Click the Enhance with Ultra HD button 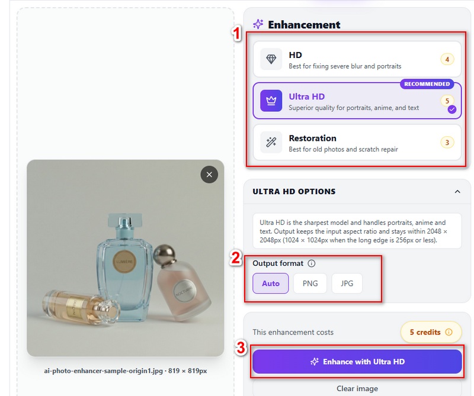point(357,362)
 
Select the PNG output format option point(310,284)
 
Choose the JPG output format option point(347,284)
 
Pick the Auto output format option point(271,284)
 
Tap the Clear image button point(357,388)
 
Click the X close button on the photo point(209,175)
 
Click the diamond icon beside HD point(271,59)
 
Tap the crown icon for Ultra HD point(271,101)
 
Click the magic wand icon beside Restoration point(271,142)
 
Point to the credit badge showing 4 point(447,59)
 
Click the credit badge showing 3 point(447,142)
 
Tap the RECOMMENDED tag point(427,84)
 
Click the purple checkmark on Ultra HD point(452,110)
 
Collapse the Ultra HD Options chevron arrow point(457,192)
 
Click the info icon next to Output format point(312,263)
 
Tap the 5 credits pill point(431,332)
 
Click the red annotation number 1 point(236,33)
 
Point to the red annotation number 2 point(236,258)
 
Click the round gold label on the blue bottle point(124,262)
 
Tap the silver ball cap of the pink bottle point(164,254)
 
